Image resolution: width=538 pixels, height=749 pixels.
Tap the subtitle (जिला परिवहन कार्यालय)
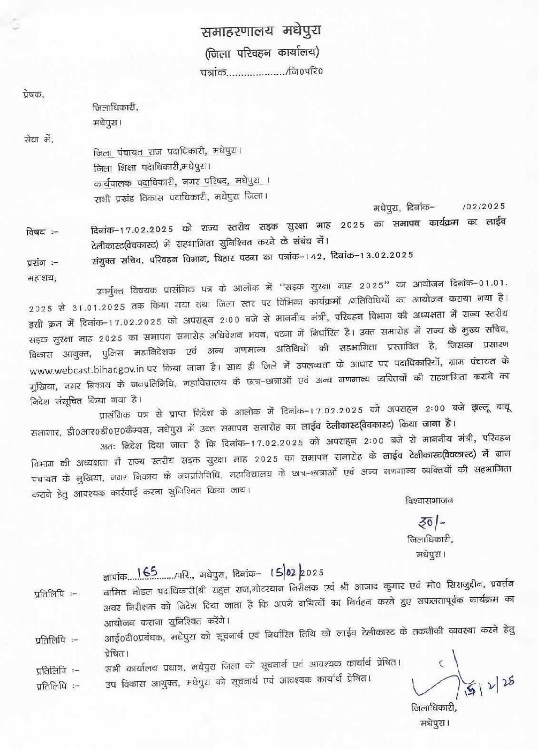coord(262,52)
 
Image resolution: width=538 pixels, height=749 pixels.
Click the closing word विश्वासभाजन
coord(429,500)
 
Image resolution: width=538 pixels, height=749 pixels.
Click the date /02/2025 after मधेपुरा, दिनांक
coord(483,207)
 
